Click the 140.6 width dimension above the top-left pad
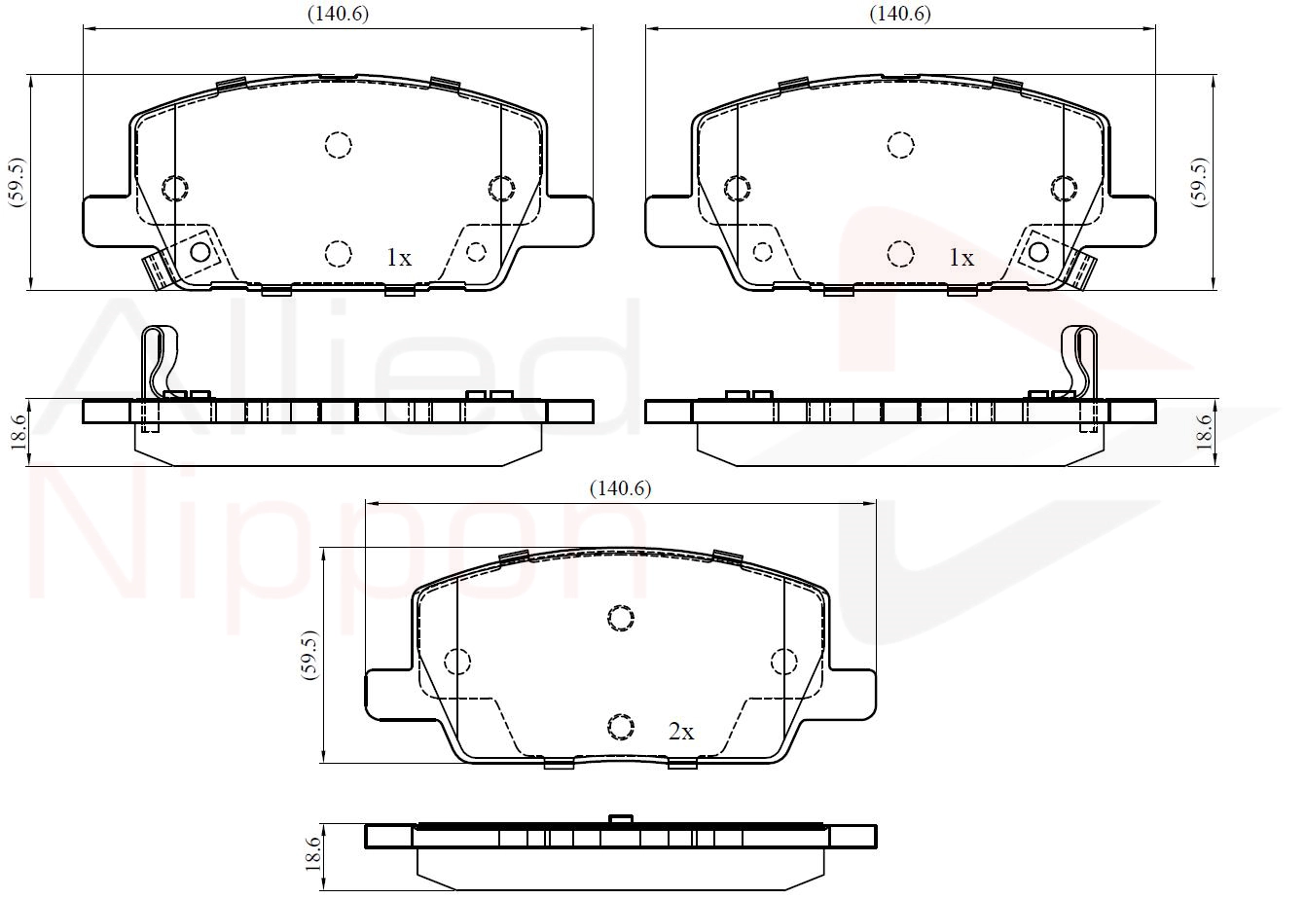point(338,14)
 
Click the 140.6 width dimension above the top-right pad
point(900,14)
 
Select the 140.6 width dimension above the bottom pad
point(620,488)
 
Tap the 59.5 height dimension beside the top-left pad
point(18,182)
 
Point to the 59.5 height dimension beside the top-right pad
point(1200,182)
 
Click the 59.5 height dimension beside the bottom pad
point(309,655)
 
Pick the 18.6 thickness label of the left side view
point(18,432)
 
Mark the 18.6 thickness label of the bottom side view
point(312,853)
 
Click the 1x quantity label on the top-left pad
point(399,257)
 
